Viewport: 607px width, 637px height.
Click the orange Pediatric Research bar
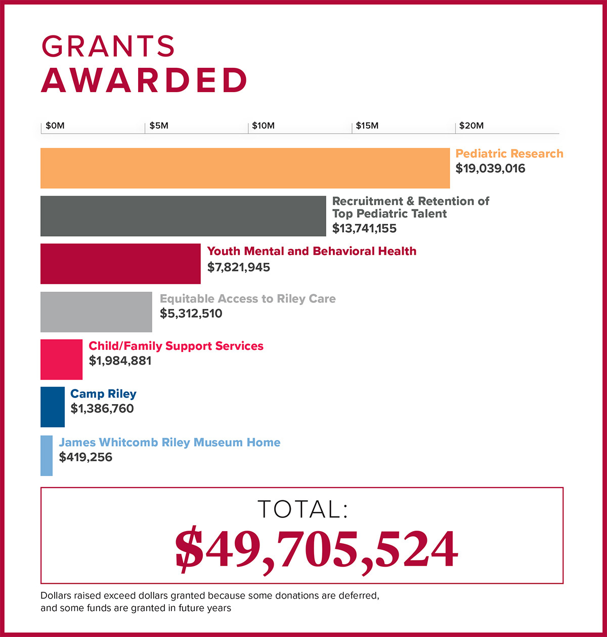[245, 168]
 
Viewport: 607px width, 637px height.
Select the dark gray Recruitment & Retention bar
[183, 216]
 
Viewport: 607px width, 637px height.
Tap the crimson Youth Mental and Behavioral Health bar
[120, 264]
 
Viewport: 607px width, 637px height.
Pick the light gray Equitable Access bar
[96, 312]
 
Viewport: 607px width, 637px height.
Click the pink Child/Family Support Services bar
[61, 360]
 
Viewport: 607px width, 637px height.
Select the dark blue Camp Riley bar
[53, 407]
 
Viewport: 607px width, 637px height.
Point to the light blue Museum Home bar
[47, 455]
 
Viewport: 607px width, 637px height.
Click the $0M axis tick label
[55, 126]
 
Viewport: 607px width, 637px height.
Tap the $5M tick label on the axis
[159, 126]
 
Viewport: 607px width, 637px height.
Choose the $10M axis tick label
[263, 126]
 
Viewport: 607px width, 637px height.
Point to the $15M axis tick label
[367, 126]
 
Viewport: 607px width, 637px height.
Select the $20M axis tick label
[471, 126]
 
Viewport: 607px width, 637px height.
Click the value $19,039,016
[490, 169]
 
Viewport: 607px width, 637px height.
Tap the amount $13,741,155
[364, 228]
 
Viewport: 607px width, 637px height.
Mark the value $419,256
[85, 457]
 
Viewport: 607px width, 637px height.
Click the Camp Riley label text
[103, 394]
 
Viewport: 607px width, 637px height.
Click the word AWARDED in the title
[144, 81]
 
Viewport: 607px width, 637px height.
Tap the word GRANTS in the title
[108, 47]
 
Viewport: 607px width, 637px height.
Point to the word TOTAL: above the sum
[302, 509]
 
